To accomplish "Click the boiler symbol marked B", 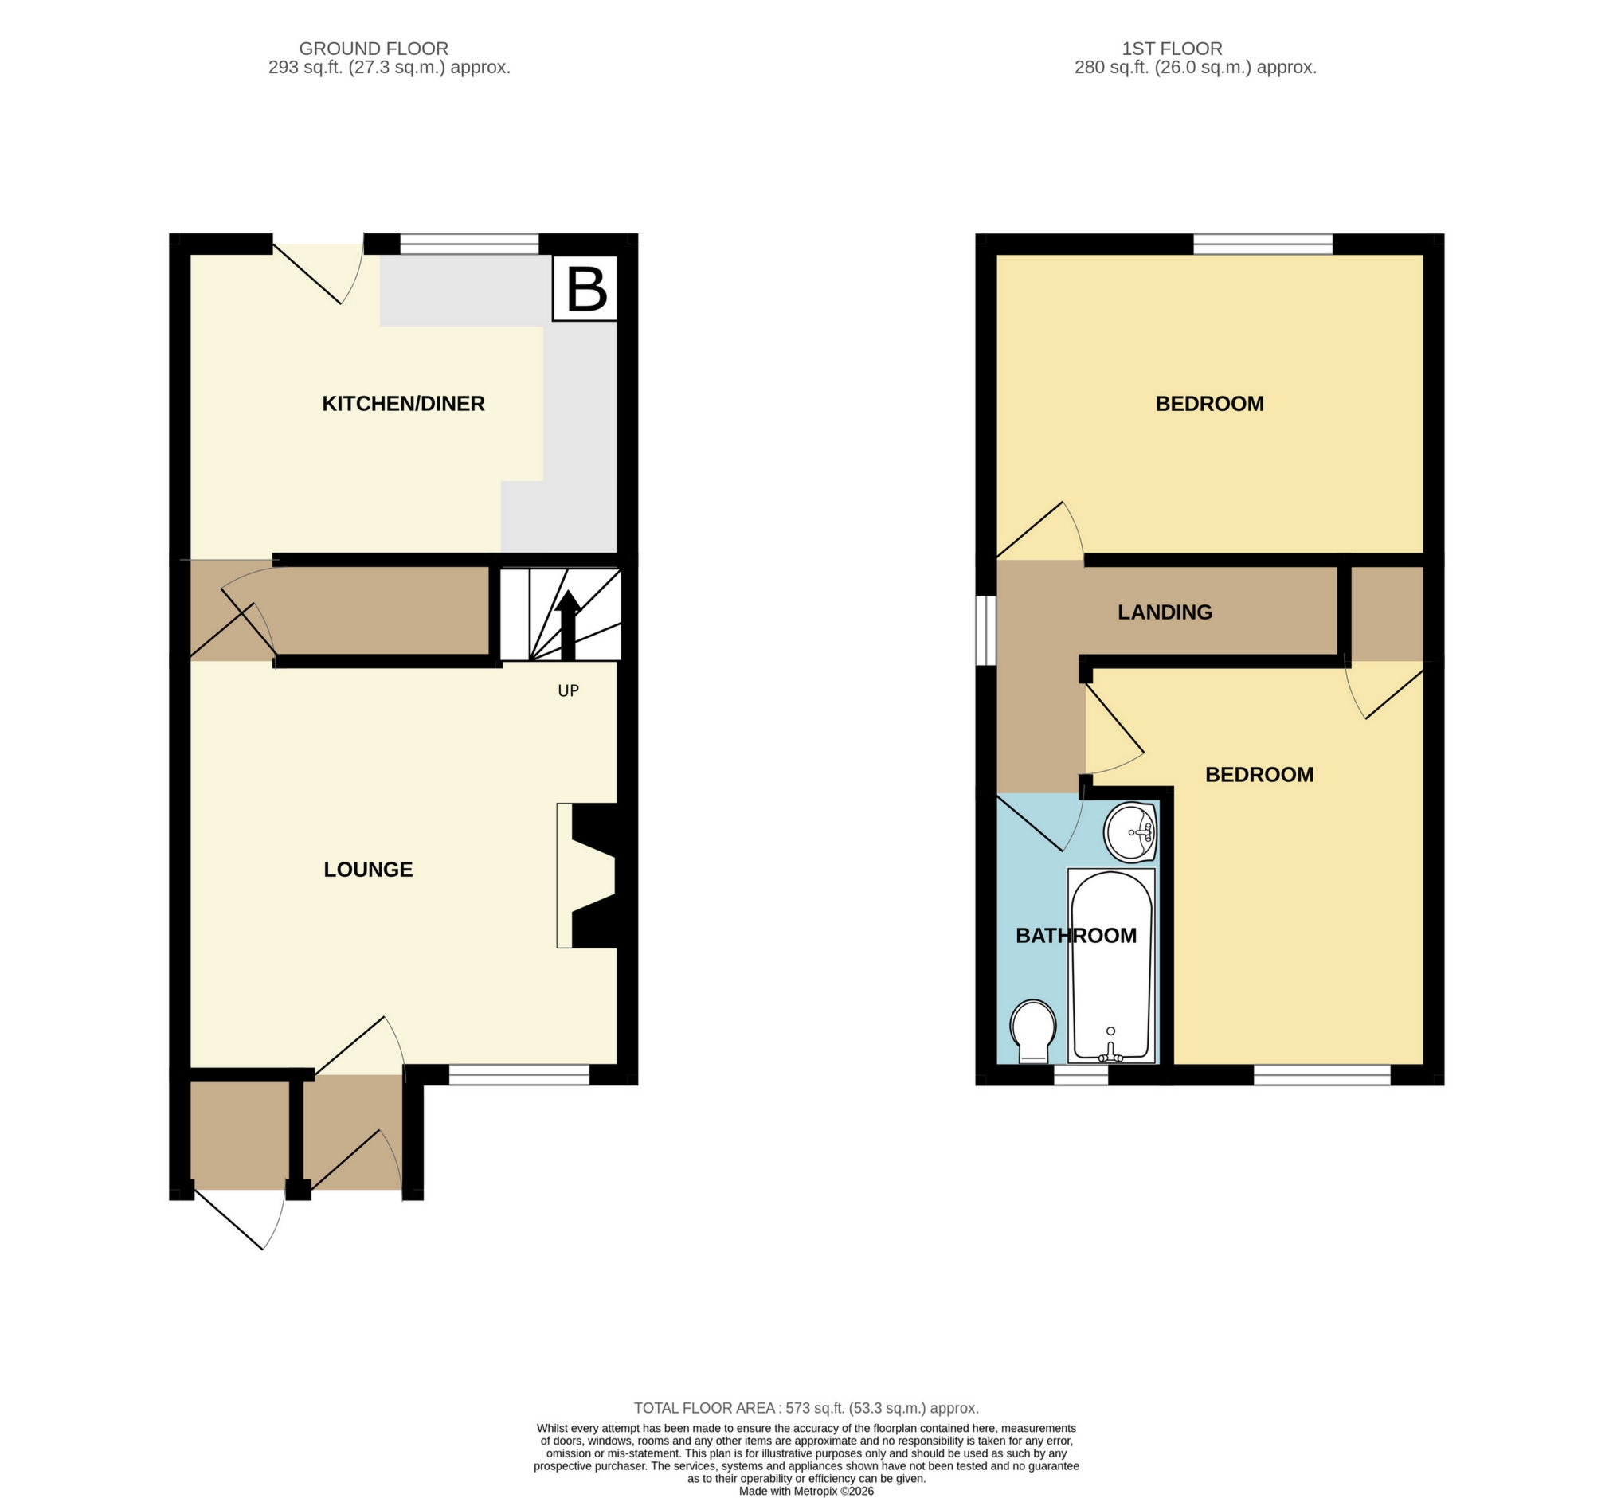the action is click(585, 287).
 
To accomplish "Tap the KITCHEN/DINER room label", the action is click(403, 404).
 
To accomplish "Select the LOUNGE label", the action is click(368, 870).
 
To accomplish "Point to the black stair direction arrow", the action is click(567, 624).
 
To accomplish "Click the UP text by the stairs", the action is click(568, 690).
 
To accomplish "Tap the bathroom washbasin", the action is click(1130, 832).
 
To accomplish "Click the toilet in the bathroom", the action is click(1033, 1031).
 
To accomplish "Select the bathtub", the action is click(1111, 965).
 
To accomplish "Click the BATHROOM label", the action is click(1075, 936).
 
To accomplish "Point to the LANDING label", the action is click(1165, 613).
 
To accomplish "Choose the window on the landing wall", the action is click(985, 631).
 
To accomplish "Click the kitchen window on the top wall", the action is click(469, 244).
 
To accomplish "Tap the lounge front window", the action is click(519, 1075).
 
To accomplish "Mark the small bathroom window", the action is click(1080, 1075).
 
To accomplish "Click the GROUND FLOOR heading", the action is click(374, 49).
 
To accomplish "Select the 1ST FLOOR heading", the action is click(1172, 49).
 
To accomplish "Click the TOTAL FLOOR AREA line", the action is click(806, 1408).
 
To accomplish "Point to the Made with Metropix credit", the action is click(806, 1491).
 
